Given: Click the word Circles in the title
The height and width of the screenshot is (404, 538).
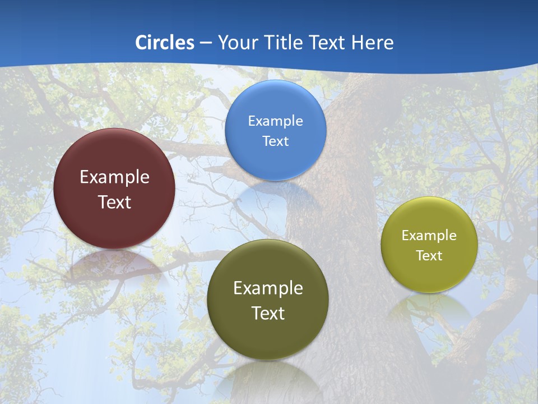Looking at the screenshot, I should tap(165, 43).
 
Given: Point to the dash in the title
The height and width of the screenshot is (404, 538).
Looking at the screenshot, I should tap(206, 43).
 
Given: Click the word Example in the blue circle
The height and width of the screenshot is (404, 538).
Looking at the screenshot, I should tap(276, 121).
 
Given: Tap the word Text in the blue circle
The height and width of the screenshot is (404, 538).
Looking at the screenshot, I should tap(276, 141).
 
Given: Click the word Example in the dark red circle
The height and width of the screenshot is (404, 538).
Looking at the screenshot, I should tap(114, 177).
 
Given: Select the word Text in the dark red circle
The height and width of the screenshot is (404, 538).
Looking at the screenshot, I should tap(114, 202).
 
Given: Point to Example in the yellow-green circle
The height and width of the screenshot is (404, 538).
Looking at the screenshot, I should tap(429, 236).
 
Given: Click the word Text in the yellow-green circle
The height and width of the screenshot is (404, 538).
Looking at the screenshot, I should tap(429, 256).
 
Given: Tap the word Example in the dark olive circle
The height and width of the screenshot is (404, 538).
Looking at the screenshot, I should tap(268, 288).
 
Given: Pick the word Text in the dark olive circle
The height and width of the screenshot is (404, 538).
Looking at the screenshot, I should tap(268, 313).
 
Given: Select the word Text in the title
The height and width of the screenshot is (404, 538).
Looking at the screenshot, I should tap(326, 43).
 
